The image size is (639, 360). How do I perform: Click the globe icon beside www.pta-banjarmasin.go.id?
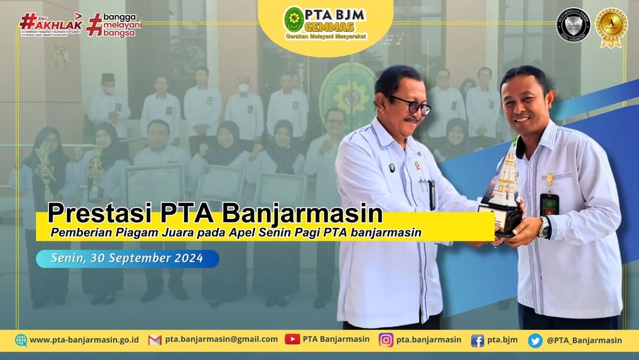coord(21,340)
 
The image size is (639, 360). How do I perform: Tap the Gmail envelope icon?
coord(154,340)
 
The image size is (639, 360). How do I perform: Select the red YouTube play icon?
coord(292,339)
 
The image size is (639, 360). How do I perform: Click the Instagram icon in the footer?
coord(386,340)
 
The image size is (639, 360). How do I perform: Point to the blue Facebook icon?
coord(477,340)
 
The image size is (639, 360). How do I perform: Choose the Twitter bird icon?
coord(535,340)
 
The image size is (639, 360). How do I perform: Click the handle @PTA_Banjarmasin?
coord(584,340)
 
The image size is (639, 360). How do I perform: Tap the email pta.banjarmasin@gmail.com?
coord(221,339)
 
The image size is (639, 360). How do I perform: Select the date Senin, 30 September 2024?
coord(127,259)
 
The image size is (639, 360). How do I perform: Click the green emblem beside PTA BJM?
coord(294,19)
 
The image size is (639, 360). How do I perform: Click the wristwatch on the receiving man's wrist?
coord(544,226)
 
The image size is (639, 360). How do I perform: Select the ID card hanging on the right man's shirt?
coord(548,205)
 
